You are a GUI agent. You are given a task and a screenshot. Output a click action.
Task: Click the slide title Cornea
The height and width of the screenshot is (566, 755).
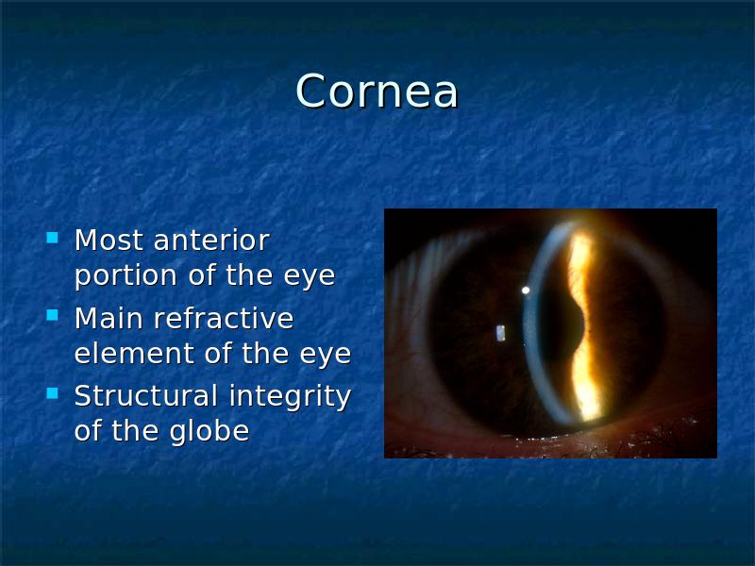[377, 91]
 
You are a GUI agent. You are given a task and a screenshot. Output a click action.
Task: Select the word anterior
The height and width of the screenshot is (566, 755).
[210, 240]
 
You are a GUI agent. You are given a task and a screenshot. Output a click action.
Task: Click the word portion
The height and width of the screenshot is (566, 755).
[126, 275]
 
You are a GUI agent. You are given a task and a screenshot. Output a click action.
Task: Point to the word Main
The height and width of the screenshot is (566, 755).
[109, 318]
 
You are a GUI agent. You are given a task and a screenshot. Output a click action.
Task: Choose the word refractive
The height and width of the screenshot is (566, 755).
[223, 318]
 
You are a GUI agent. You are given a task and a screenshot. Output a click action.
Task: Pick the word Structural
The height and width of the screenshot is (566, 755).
[146, 395]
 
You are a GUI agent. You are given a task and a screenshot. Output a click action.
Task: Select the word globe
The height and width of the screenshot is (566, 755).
[209, 430]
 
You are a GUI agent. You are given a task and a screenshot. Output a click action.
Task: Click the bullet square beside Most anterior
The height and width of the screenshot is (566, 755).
[52, 238]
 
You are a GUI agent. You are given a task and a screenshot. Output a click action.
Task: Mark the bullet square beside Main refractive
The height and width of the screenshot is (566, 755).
[52, 315]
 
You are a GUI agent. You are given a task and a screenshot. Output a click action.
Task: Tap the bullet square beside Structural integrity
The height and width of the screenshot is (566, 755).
[52, 393]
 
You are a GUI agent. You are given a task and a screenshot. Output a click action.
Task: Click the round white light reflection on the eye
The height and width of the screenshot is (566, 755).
[526, 291]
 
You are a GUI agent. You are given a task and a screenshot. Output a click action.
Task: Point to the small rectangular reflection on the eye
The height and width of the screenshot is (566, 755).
[501, 333]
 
